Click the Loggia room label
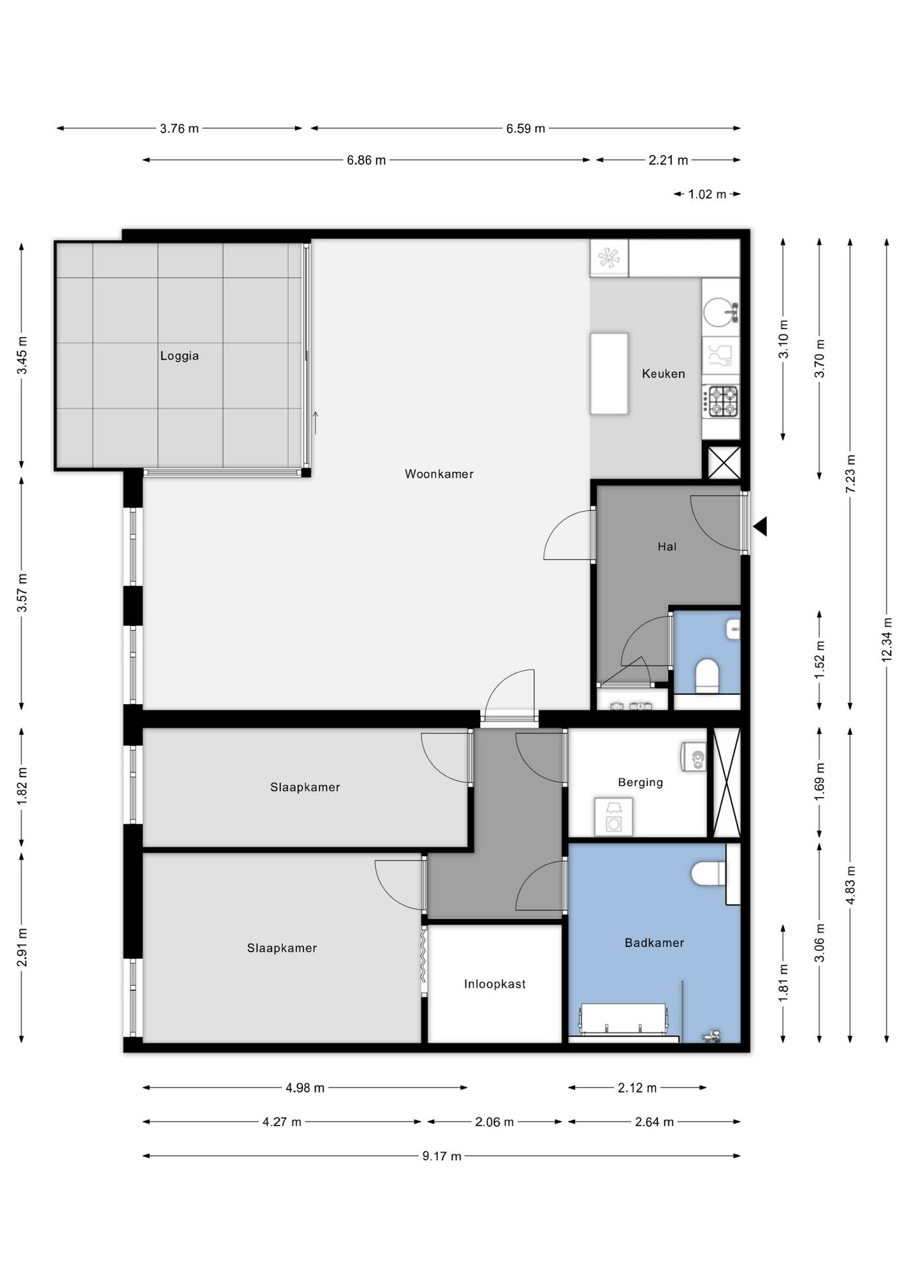click(x=179, y=356)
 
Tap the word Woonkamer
click(x=439, y=474)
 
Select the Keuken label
click(x=663, y=374)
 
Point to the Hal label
click(x=667, y=546)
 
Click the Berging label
click(x=641, y=782)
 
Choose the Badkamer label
click(x=655, y=943)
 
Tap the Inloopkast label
click(x=495, y=984)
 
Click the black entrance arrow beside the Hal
click(x=760, y=526)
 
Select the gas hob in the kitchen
click(x=721, y=401)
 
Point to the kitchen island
click(x=609, y=373)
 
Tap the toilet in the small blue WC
click(x=707, y=676)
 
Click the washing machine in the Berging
click(x=614, y=817)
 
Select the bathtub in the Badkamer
click(x=624, y=1020)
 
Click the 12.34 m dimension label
click(x=887, y=640)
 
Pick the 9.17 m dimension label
click(x=442, y=1156)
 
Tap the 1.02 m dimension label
click(x=707, y=195)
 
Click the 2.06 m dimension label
click(x=495, y=1122)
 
